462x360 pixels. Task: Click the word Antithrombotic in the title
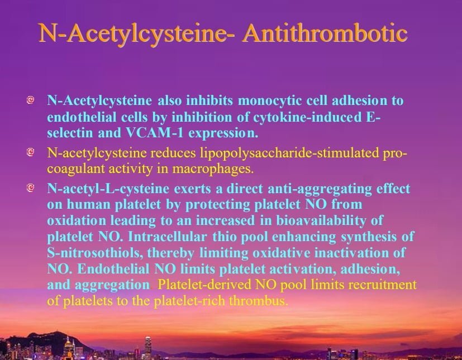click(x=325, y=33)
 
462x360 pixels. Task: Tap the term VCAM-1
click(x=155, y=133)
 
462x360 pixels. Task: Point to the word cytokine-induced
click(x=307, y=117)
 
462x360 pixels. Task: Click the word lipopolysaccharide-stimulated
click(x=289, y=153)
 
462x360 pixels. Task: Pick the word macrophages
click(x=213, y=169)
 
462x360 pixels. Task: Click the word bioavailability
click(x=321, y=220)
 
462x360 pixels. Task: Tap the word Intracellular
click(x=168, y=237)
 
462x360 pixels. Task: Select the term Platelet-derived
click(x=204, y=285)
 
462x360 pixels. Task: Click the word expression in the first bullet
click(x=223, y=133)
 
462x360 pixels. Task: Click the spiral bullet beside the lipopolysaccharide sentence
click(x=30, y=152)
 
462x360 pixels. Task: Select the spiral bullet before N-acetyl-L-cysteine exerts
click(x=30, y=188)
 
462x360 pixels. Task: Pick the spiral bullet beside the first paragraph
click(x=30, y=100)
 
